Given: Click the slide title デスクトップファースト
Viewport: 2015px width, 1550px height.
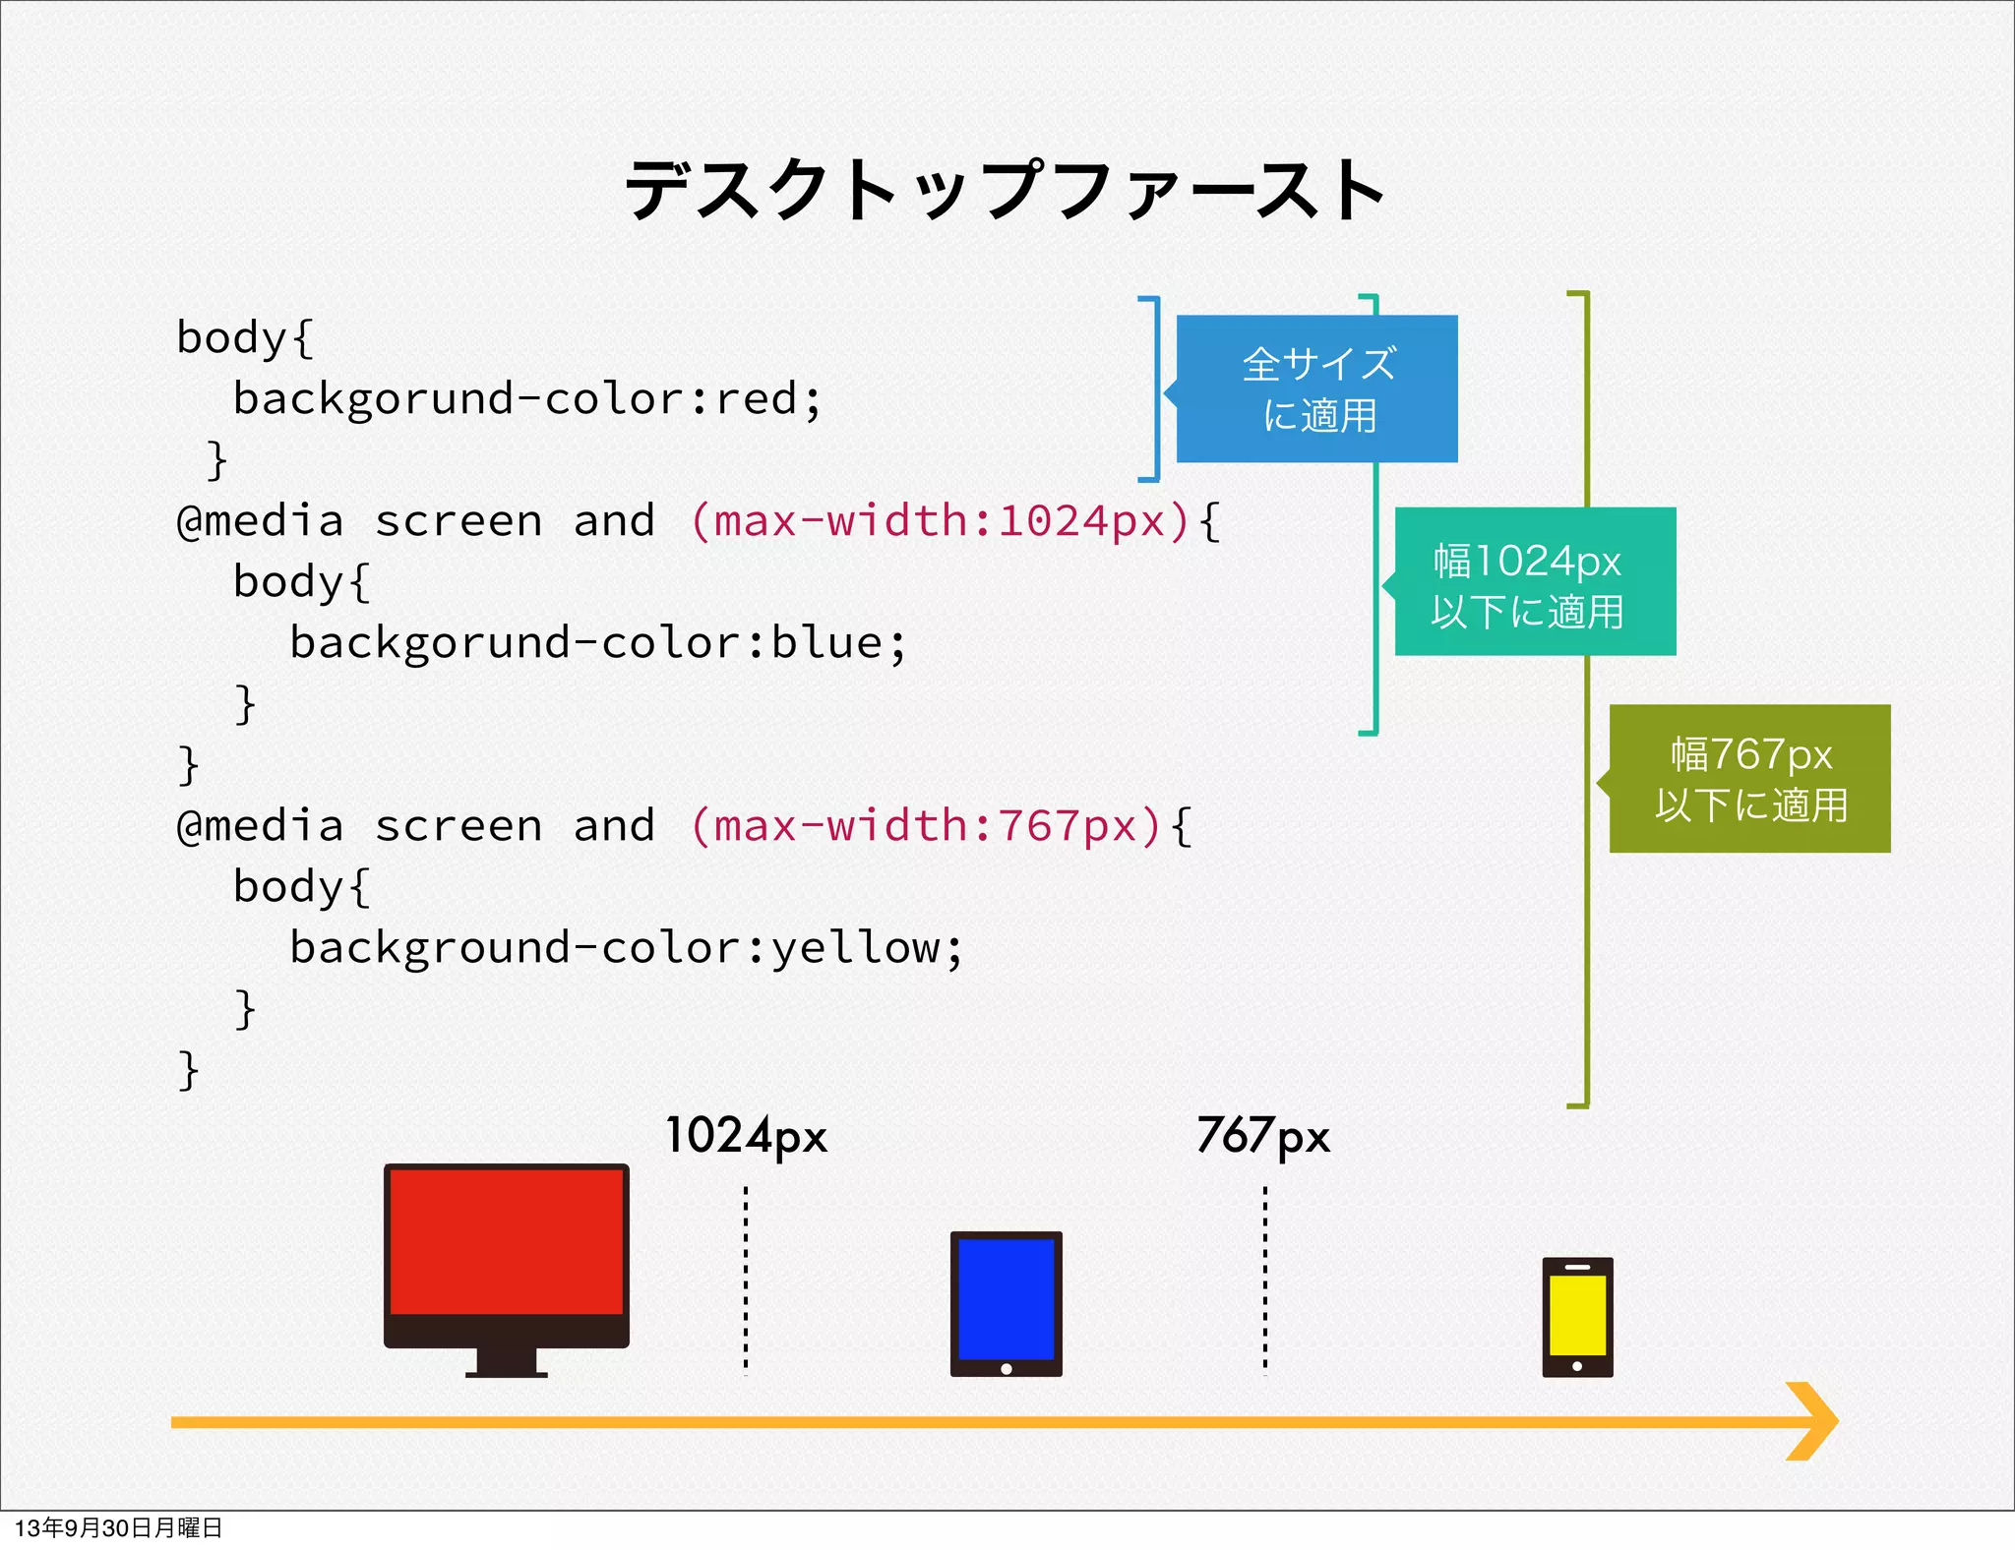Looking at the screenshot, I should click(1006, 190).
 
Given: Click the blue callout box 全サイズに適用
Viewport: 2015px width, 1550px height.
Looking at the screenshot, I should click(1316, 389).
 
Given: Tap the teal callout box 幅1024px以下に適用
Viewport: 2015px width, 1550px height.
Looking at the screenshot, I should click(1535, 582).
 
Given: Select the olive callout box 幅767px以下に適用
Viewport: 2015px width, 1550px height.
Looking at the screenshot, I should click(1749, 779).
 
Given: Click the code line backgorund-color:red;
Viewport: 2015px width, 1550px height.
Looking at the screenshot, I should click(526, 399).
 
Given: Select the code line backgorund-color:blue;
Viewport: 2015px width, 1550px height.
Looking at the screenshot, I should click(597, 643).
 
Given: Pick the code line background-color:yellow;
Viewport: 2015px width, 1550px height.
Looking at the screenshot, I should click(626, 948).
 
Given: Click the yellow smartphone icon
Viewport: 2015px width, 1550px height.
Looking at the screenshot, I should click(1577, 1315).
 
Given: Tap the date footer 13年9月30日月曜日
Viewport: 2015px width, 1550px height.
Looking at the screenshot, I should click(118, 1527).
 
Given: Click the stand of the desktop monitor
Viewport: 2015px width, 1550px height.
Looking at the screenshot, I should click(506, 1363).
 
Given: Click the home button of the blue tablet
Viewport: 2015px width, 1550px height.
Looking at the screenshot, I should click(1006, 1368).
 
